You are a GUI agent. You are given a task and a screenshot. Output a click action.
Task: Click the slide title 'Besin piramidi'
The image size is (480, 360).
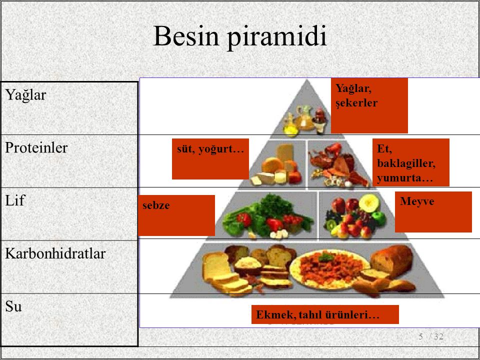pyautogui.click(x=240, y=36)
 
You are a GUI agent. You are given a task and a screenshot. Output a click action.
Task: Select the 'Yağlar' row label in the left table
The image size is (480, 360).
pyautogui.click(x=25, y=95)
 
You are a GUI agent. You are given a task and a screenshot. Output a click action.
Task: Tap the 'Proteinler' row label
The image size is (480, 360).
pyautogui.click(x=36, y=147)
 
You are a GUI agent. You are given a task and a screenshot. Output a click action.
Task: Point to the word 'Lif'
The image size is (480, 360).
pyautogui.click(x=14, y=200)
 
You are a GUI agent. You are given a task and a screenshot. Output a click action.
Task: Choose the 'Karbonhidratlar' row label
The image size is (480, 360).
pyautogui.click(x=55, y=253)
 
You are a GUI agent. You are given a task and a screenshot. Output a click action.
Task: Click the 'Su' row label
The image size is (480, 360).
pyautogui.click(x=13, y=306)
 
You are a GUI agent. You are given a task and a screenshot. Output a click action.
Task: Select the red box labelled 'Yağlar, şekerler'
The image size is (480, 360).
pyautogui.click(x=369, y=105)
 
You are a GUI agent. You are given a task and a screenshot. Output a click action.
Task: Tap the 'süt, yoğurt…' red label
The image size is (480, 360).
pyautogui.click(x=210, y=159)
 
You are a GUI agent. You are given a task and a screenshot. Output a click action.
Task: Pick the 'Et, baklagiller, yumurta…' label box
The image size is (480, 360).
pyautogui.click(x=411, y=162)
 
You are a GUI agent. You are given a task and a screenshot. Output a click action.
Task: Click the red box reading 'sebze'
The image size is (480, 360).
pyautogui.click(x=176, y=215)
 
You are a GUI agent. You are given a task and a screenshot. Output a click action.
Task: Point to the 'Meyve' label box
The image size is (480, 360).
pyautogui.click(x=433, y=212)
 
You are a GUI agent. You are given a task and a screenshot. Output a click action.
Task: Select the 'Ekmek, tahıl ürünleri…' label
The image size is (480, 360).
pyautogui.click(x=325, y=314)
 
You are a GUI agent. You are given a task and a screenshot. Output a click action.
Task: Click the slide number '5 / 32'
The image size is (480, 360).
pyautogui.click(x=431, y=336)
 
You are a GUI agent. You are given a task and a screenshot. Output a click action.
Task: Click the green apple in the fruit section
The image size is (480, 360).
pyautogui.click(x=379, y=218)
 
